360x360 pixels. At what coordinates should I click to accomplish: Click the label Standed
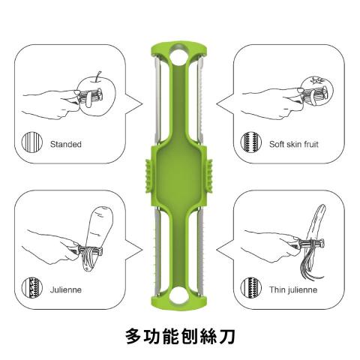click(x=66, y=144)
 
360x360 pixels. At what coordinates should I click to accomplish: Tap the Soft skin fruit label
click(x=294, y=144)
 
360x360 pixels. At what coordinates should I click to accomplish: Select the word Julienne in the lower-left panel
click(x=66, y=289)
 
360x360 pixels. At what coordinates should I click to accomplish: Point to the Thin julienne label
click(x=293, y=289)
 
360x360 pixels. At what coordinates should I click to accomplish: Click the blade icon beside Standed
click(x=32, y=142)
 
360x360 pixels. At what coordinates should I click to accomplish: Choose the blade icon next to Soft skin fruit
click(x=251, y=142)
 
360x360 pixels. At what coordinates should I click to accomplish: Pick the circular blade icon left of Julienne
click(x=32, y=287)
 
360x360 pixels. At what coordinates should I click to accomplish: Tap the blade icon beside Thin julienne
click(x=251, y=287)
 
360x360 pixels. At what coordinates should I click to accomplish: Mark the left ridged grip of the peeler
click(x=148, y=175)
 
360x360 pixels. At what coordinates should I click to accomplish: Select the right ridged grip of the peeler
click(x=208, y=175)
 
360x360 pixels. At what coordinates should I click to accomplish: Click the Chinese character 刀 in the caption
click(x=226, y=336)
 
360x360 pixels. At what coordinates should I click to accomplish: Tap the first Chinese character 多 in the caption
click(x=134, y=336)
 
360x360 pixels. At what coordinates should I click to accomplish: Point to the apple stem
click(x=98, y=76)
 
